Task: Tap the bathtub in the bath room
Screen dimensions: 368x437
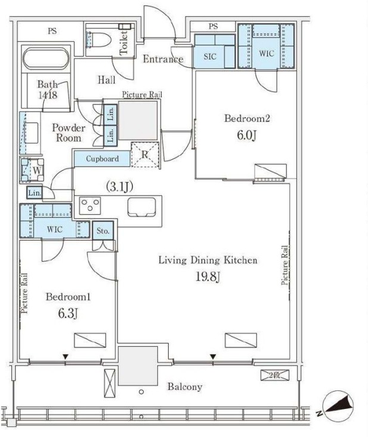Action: [46, 59]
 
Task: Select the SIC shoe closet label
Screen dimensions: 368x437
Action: [210, 57]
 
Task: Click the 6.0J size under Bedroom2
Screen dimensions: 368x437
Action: [246, 136]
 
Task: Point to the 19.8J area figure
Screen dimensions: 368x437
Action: [208, 277]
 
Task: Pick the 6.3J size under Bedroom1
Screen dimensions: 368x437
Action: [67, 314]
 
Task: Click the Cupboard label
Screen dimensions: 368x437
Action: [102, 159]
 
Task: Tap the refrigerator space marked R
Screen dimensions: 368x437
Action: [145, 155]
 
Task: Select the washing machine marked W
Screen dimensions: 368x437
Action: [32, 170]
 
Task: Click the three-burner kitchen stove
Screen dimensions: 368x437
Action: [90, 205]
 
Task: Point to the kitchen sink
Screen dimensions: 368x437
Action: [141, 207]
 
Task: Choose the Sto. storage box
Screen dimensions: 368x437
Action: [103, 230]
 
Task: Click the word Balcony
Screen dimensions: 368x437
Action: [185, 387]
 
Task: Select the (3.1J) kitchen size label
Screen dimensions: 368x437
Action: [120, 187]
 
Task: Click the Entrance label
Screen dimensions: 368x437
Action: [163, 59]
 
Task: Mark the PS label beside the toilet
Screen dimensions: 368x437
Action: [52, 31]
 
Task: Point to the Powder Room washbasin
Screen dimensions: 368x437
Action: [31, 133]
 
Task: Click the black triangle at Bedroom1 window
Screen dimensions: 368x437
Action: [66, 356]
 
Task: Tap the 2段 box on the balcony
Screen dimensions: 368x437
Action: [275, 375]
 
